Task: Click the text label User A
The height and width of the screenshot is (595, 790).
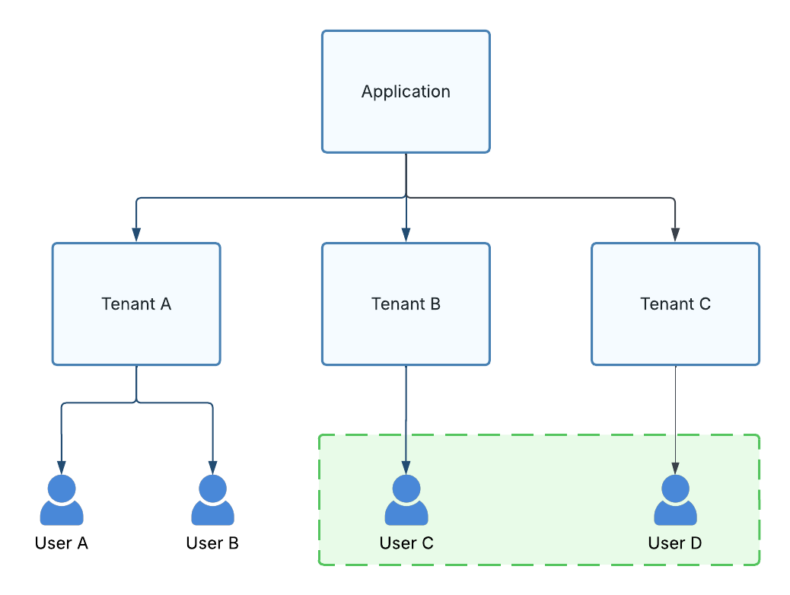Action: pyautogui.click(x=62, y=543)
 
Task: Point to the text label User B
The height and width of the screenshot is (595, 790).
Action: pyautogui.click(x=212, y=543)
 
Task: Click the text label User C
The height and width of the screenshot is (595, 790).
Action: pyautogui.click(x=406, y=543)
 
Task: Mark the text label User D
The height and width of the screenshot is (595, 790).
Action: pyautogui.click(x=675, y=543)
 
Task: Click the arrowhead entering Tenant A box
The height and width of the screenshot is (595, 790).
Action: pyautogui.click(x=136, y=235)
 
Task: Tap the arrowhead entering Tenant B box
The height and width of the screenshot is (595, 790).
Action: pyautogui.click(x=406, y=235)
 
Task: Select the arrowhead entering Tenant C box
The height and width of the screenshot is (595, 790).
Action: pyautogui.click(x=675, y=235)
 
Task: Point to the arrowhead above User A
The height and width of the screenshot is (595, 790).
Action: pyautogui.click(x=62, y=466)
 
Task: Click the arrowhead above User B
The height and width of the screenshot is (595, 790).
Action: pyautogui.click(x=212, y=466)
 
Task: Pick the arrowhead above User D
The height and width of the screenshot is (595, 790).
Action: pyautogui.click(x=675, y=466)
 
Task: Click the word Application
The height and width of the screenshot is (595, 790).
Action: pyautogui.click(x=406, y=92)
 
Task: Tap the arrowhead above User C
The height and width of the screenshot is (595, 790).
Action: pyautogui.click(x=406, y=466)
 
